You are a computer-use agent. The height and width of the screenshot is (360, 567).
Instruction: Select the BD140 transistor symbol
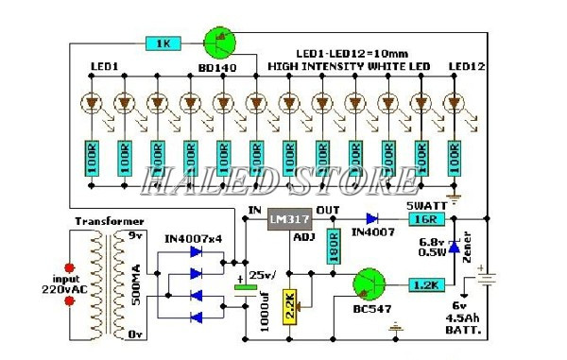(x=220, y=42)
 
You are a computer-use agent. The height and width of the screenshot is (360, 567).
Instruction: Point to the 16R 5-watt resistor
(x=423, y=218)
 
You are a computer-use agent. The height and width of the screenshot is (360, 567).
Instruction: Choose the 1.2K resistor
(x=427, y=284)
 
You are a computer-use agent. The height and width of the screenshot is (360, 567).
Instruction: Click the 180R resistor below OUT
(x=333, y=246)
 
